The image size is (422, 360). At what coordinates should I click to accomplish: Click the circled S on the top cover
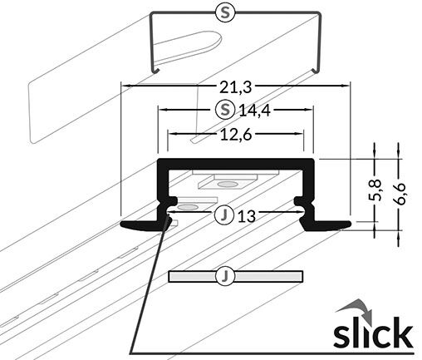point(225,12)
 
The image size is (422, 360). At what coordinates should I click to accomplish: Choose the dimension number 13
point(247,216)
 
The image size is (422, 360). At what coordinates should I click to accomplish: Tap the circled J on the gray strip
point(225,275)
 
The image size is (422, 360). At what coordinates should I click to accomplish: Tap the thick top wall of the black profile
point(236,163)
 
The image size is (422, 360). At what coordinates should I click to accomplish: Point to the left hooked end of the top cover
point(155,70)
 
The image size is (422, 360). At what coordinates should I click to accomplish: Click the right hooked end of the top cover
point(316,70)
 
